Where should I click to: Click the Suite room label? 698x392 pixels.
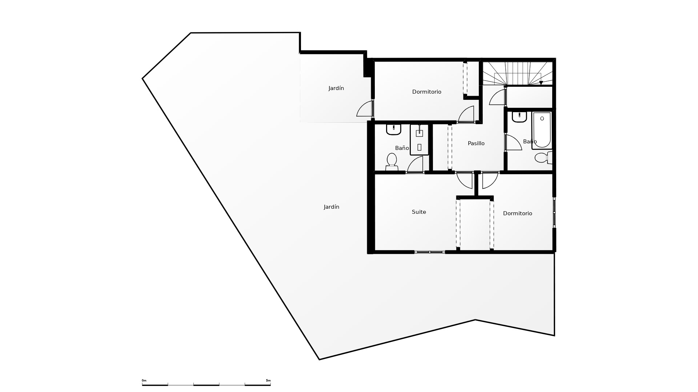click(419, 212)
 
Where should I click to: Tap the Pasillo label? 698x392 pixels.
click(476, 143)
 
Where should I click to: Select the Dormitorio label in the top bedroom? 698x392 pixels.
click(426, 92)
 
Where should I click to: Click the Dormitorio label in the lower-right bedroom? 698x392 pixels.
click(517, 213)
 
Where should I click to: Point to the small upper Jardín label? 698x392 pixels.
click(336, 88)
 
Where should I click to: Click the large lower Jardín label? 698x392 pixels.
click(331, 207)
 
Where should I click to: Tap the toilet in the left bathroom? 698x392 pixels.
click(392, 162)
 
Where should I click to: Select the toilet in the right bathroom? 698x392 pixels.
click(543, 158)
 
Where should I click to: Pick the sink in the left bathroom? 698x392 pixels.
click(393, 130)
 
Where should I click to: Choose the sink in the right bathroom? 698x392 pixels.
click(520, 117)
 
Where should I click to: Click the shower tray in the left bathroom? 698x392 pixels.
click(420, 140)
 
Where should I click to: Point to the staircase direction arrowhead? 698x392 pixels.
click(541, 83)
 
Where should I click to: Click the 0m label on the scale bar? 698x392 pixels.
click(144, 380)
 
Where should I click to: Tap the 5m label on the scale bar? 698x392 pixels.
click(268, 380)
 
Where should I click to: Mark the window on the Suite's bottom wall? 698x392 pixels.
click(430, 252)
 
